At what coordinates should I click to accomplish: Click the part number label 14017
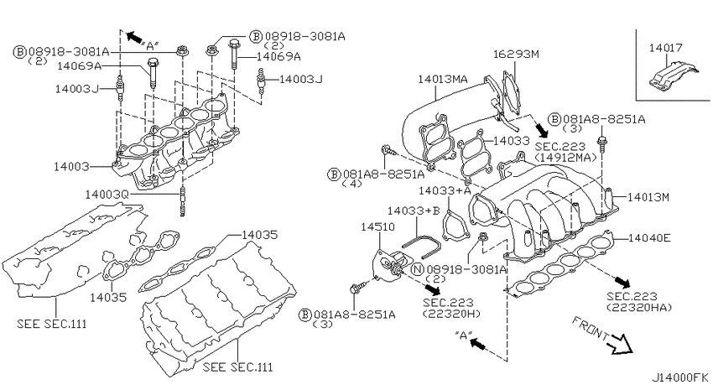666,48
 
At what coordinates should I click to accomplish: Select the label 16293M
516,54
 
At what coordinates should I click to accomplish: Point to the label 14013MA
442,79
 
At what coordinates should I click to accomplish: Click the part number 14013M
648,197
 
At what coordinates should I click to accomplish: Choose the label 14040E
649,237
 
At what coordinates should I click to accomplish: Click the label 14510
377,226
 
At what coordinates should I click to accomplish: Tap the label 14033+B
414,211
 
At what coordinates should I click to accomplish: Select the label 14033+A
445,190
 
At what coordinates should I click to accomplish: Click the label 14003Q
107,195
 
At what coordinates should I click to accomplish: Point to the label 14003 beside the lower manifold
71,166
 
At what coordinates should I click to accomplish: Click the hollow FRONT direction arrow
621,344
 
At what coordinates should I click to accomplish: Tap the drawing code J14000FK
680,377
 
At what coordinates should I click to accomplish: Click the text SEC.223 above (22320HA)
632,297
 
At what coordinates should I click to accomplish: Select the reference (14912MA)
565,158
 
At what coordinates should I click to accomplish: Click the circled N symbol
418,269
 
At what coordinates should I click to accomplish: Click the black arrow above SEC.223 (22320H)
432,289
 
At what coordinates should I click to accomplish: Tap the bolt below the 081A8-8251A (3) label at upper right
602,144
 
